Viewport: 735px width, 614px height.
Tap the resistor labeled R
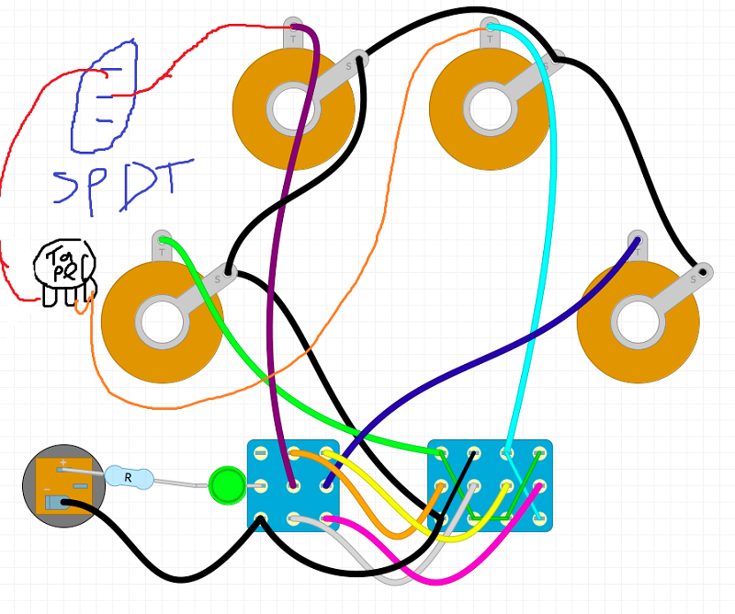(127, 476)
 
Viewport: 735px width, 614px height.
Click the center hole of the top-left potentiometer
(293, 109)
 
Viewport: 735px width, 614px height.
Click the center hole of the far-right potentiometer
(638, 322)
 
